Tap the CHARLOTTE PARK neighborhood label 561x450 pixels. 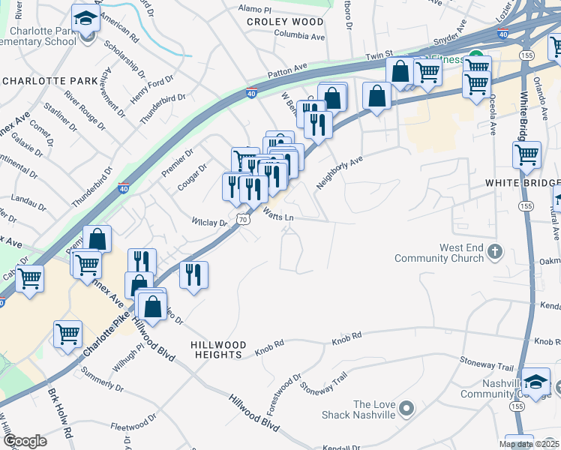[x=44, y=80]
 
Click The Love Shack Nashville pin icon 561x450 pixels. [x=406, y=409]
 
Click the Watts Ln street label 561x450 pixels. [x=277, y=214]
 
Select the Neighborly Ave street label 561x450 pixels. [x=339, y=172]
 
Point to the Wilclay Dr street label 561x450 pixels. [x=209, y=223]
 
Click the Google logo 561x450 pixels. [x=25, y=441]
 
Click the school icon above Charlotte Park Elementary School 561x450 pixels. [x=85, y=17]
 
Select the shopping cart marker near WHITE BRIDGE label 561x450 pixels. [x=526, y=155]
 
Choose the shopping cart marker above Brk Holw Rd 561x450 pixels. [x=67, y=333]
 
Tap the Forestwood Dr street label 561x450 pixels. [x=283, y=384]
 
